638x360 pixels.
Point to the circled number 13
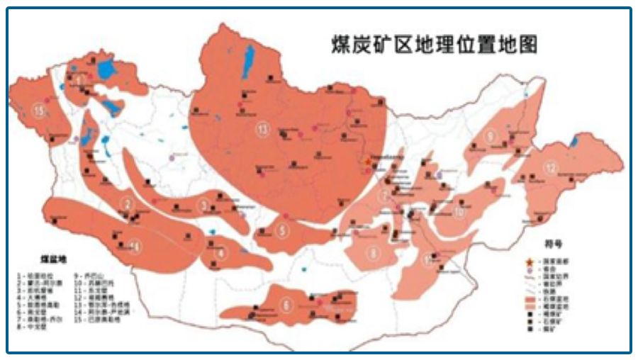[x=265, y=129]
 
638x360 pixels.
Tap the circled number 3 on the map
[x=206, y=206]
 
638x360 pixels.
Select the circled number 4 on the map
[x=222, y=252]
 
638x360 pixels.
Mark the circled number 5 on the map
[x=282, y=230]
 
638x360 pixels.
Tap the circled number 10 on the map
[x=459, y=211]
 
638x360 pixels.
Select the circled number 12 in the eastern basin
[x=551, y=167]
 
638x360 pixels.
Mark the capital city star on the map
[x=367, y=162]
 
